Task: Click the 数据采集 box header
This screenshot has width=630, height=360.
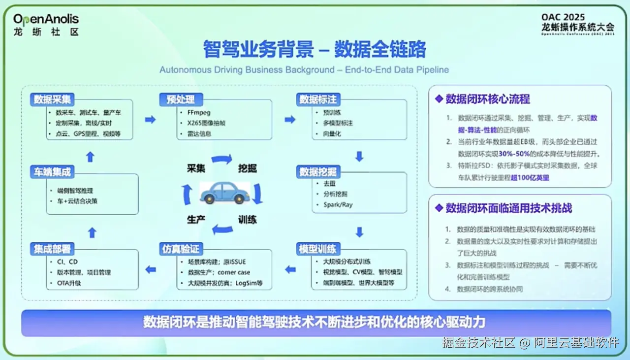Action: [52, 99]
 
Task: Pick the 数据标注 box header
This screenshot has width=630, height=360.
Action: [318, 99]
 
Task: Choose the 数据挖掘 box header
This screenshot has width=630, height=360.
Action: [318, 171]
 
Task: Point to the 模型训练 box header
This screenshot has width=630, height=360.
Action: [318, 249]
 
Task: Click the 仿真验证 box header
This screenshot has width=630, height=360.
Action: [181, 249]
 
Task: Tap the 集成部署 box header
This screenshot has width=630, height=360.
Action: [52, 249]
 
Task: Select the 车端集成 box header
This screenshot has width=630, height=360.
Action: [52, 172]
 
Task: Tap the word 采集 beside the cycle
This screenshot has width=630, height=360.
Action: [196, 168]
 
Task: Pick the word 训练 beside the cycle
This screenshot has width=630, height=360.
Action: [248, 219]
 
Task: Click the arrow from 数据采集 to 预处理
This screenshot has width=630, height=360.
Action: [150, 119]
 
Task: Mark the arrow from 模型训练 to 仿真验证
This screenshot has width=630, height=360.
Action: [290, 269]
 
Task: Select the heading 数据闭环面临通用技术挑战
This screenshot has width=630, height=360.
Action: [508, 208]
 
